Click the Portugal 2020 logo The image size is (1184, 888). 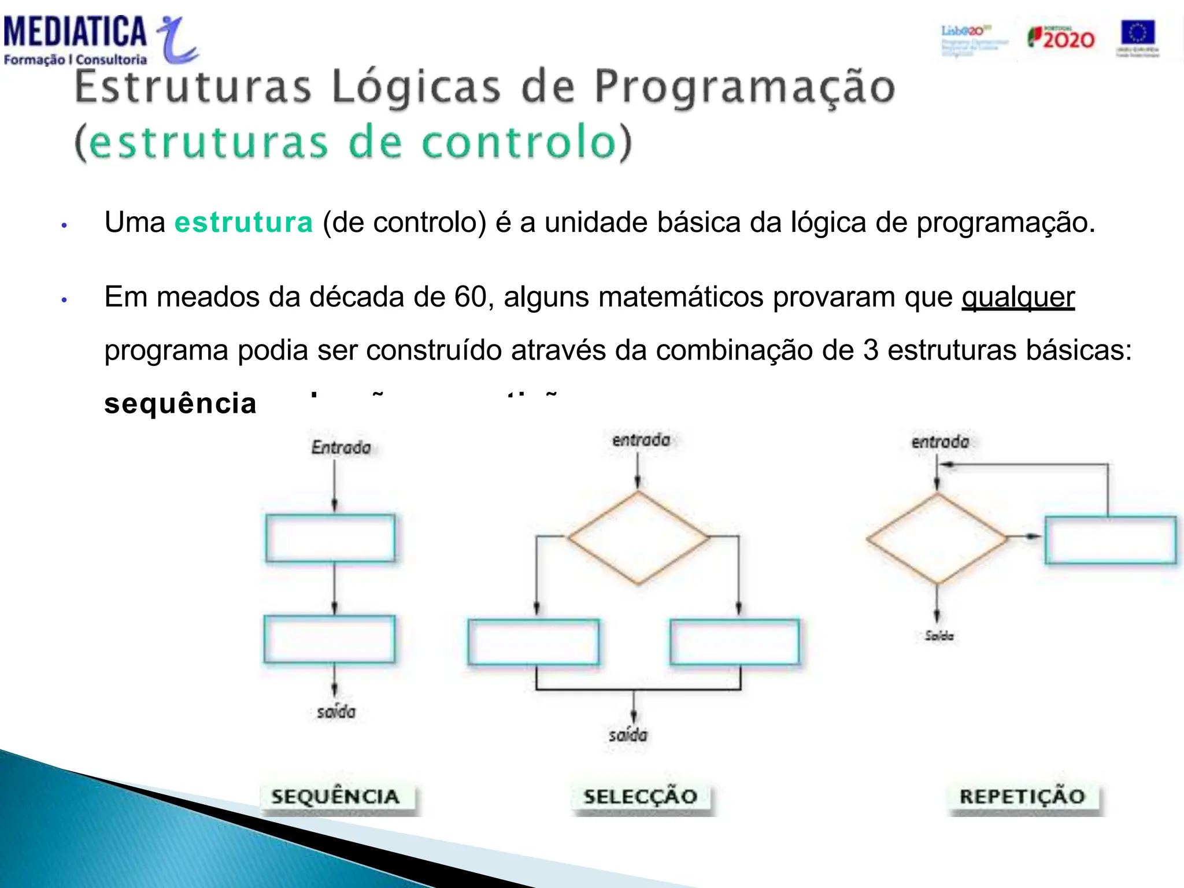point(1061,38)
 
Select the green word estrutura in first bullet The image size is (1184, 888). point(243,223)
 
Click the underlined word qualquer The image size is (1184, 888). point(1017,297)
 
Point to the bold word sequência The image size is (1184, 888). point(180,403)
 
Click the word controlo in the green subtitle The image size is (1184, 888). point(519,142)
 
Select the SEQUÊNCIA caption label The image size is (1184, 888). point(336,797)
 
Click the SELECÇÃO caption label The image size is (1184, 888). point(640,797)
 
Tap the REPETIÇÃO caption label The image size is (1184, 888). point(1022,797)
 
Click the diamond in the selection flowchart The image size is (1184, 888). point(638,538)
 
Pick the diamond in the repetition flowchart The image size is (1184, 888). point(937,539)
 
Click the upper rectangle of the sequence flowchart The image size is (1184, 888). point(330,538)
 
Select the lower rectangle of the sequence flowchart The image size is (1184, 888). point(330,639)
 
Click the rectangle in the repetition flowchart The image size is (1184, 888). point(1110,540)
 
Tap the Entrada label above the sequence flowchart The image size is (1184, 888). point(341,447)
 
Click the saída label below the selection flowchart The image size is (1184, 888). point(628,735)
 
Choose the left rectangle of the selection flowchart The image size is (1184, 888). point(533,642)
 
